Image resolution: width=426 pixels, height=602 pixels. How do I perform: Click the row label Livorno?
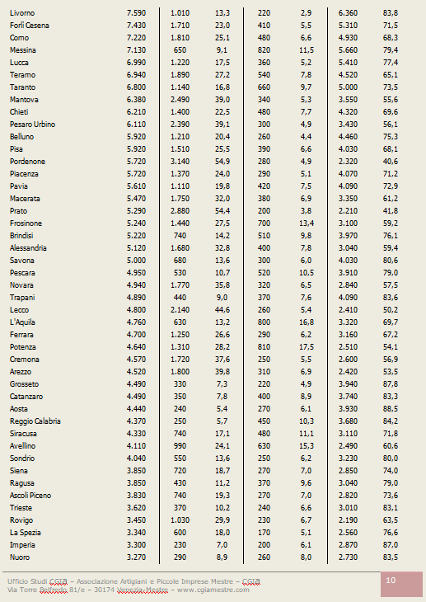click(22, 13)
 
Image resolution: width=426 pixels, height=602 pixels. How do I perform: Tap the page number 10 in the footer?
click(391, 580)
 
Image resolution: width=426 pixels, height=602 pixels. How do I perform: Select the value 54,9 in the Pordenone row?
click(222, 162)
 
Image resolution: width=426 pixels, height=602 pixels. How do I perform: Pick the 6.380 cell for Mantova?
click(136, 100)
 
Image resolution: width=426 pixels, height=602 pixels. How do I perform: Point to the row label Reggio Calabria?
click(35, 421)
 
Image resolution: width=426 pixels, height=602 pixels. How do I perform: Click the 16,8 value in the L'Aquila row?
click(307, 322)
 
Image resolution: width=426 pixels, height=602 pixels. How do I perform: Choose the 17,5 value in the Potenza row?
click(307, 347)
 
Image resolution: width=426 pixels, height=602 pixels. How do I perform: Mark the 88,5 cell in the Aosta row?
click(391, 409)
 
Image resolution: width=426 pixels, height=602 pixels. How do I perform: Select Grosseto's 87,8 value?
click(391, 384)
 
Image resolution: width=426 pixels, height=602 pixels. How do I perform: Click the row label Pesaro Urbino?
click(33, 125)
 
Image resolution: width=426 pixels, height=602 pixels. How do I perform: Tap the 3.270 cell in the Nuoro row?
click(136, 557)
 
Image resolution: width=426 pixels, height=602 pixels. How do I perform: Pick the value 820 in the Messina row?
click(264, 50)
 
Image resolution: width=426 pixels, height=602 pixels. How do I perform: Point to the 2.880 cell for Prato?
click(180, 211)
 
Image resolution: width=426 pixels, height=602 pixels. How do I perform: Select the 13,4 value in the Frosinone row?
click(307, 223)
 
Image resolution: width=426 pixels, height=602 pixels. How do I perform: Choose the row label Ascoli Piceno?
click(30, 496)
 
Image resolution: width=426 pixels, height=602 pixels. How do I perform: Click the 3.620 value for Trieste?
click(136, 508)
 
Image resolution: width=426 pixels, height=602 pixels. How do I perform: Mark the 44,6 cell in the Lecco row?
click(222, 310)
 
